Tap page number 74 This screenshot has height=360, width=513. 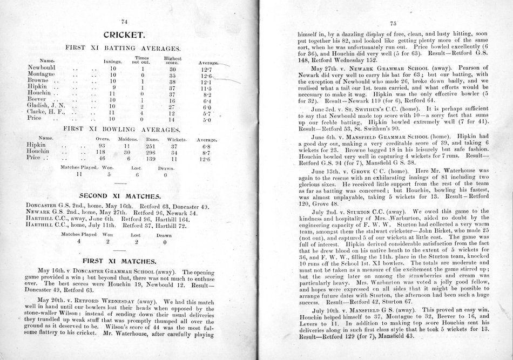[125, 22]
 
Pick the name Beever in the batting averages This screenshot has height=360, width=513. [37, 100]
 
